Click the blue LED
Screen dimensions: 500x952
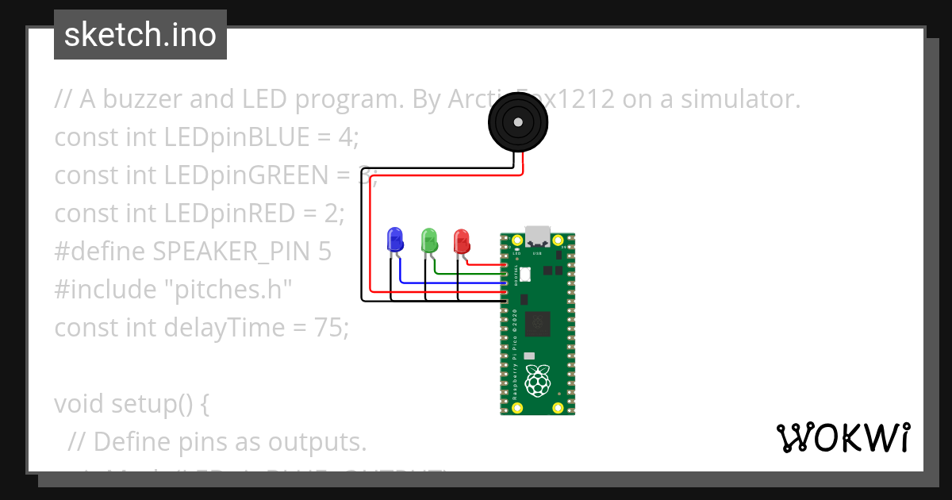pos(394,240)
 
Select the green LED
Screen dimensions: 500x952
pos(429,240)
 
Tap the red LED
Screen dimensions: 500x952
pos(461,240)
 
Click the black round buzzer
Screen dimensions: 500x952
pos(517,122)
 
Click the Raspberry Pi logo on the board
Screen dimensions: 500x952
pos(539,381)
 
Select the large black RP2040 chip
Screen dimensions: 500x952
pos(539,322)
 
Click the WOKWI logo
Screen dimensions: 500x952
pos(843,437)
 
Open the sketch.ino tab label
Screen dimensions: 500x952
pos(140,35)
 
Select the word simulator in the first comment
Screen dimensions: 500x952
pos(732,99)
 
